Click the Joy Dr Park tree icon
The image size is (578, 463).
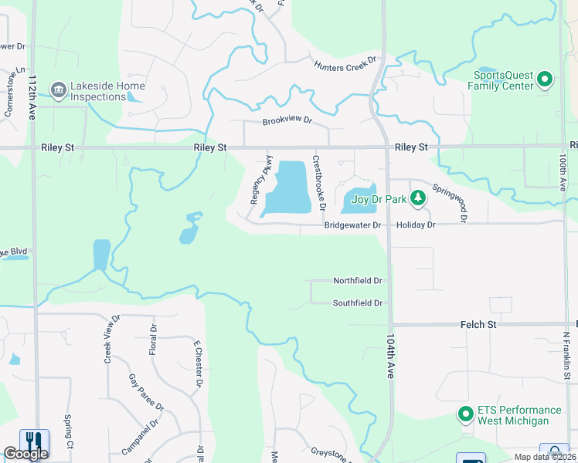[418, 199]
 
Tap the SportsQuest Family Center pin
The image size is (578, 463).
[545, 79]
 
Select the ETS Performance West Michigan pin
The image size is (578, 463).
[465, 414]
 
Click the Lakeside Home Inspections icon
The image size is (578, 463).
[59, 90]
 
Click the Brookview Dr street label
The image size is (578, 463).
[287, 120]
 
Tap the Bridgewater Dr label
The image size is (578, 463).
[353, 225]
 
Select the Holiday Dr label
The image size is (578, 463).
[416, 225]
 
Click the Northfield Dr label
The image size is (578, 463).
[358, 281]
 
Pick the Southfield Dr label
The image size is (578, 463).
[358, 303]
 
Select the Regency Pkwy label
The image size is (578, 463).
[257, 180]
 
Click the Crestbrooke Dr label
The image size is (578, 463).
[318, 184]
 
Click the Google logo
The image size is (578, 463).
[25, 454]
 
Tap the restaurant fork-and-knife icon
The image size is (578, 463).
[33, 441]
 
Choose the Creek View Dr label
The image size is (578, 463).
[112, 339]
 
